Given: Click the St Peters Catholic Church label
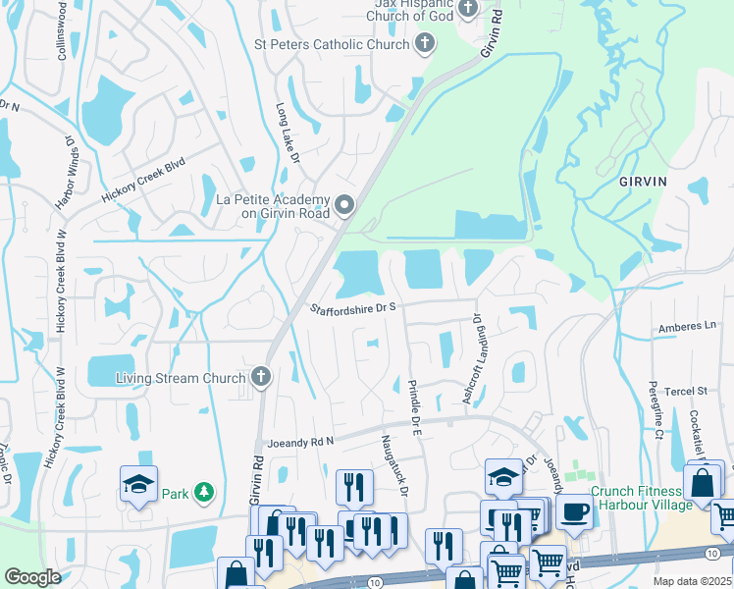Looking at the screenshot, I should click(332, 44).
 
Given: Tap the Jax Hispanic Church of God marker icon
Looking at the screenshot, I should click(467, 10).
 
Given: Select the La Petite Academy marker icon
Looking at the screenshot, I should click(344, 205).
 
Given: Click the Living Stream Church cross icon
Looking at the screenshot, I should click(260, 377).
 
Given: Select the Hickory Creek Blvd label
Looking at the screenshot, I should click(143, 182).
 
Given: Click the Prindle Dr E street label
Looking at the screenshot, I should click(413, 409).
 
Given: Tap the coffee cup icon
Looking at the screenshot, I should click(573, 511).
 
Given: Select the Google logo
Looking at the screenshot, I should click(31, 577).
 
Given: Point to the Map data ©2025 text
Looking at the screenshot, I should click(692, 581).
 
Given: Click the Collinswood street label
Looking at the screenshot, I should click(62, 32).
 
